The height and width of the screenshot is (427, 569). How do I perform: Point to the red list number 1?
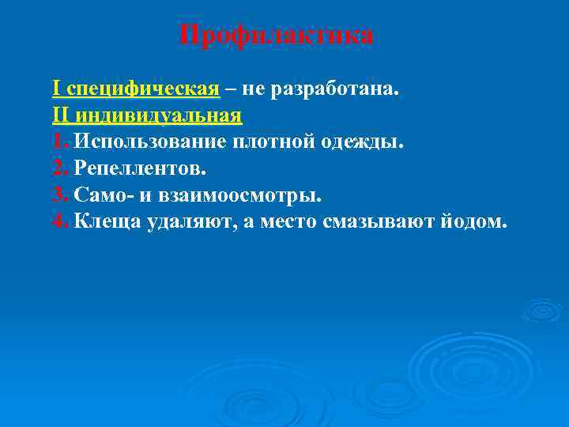click(x=60, y=142)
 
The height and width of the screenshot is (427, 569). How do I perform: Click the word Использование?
click(x=149, y=142)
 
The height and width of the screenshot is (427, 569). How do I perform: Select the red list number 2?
click(x=61, y=168)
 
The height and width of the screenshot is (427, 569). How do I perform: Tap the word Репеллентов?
click(x=140, y=168)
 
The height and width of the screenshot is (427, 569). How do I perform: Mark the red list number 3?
click(x=61, y=195)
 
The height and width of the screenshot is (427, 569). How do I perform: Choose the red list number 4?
click(x=61, y=221)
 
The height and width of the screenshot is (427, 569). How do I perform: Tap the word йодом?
click(x=469, y=221)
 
